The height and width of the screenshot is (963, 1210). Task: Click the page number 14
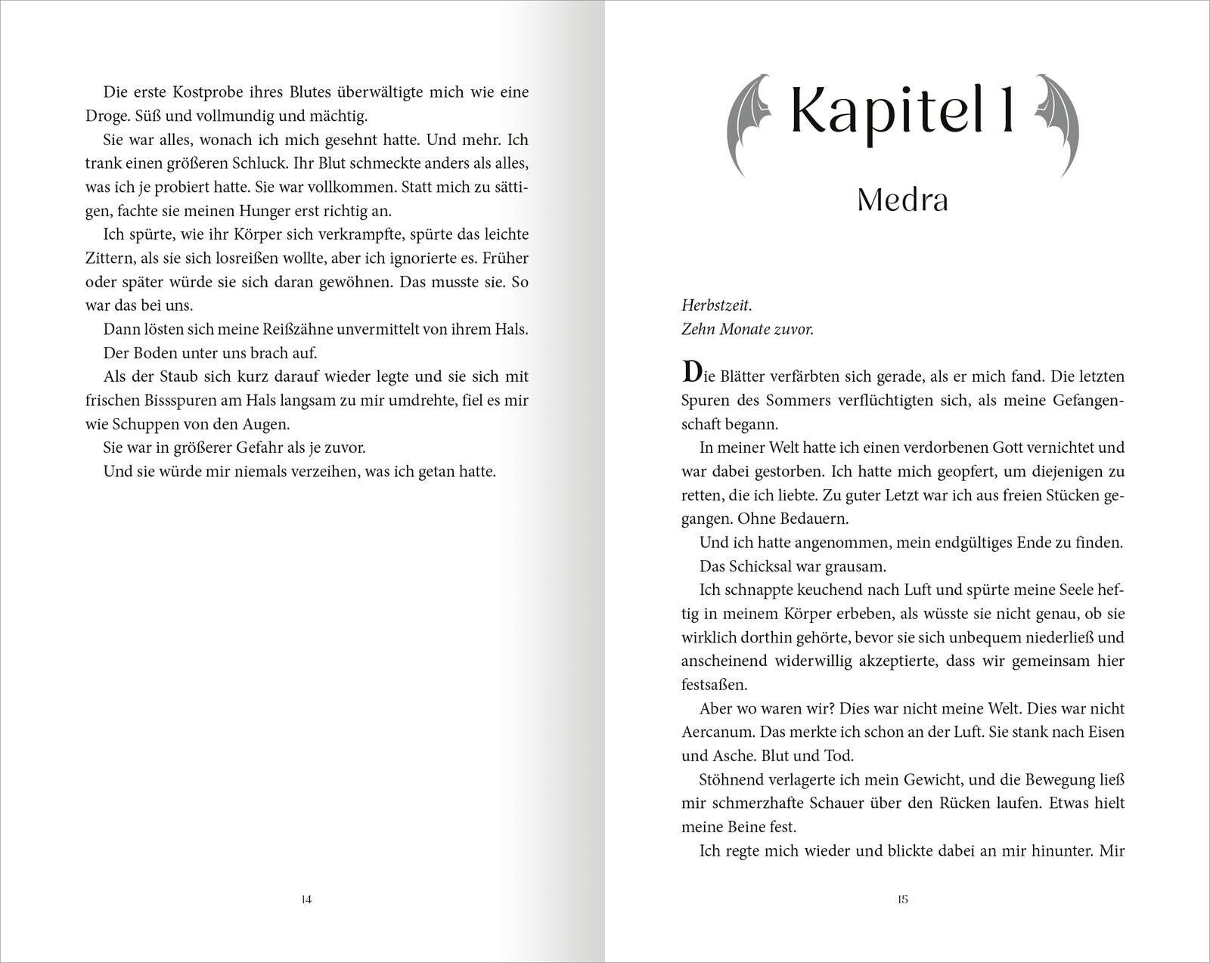click(x=306, y=900)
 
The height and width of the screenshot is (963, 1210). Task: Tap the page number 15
click(x=902, y=900)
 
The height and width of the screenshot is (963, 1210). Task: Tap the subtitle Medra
click(x=902, y=200)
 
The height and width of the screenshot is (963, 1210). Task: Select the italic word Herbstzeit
click(x=716, y=306)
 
